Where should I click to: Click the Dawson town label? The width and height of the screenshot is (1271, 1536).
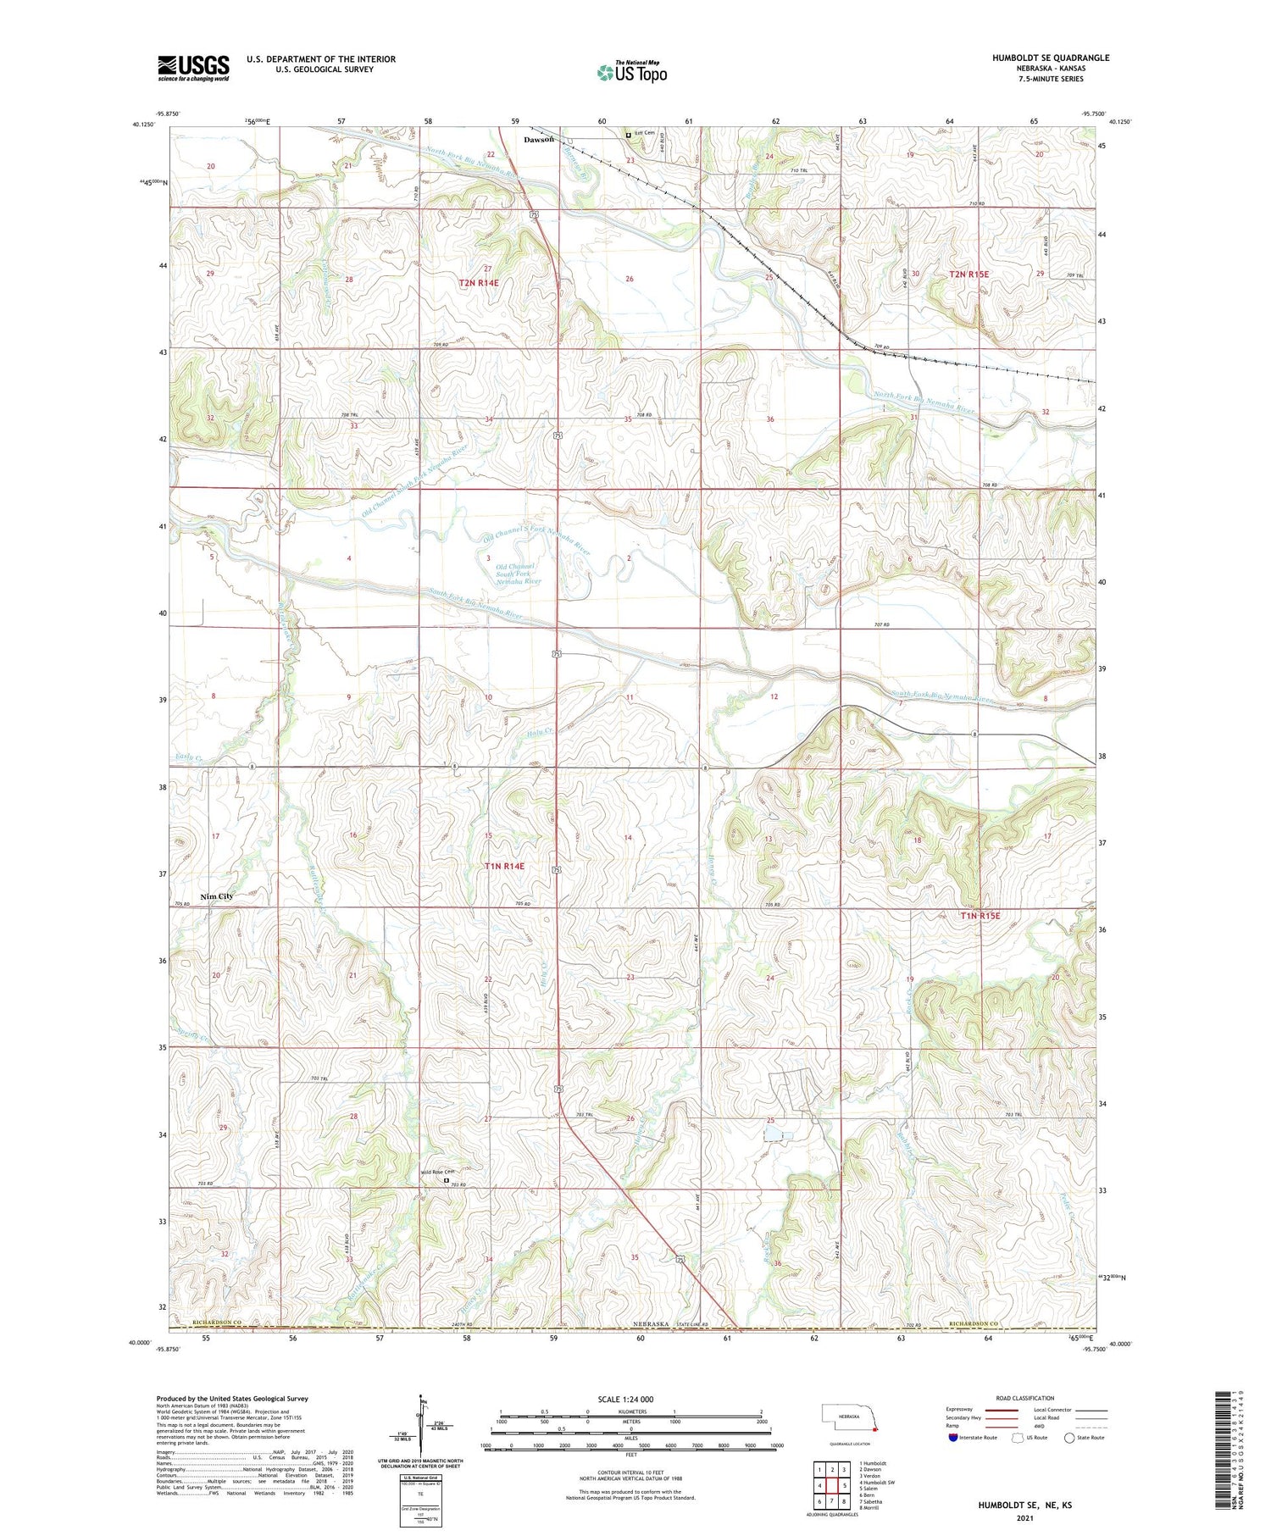[x=538, y=139]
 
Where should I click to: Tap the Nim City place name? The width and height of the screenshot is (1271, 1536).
[x=216, y=896]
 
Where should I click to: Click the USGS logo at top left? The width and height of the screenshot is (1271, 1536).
[x=193, y=68]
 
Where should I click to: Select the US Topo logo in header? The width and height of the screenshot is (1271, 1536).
[x=631, y=73]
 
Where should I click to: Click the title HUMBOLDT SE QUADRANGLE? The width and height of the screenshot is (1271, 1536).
[x=1051, y=58]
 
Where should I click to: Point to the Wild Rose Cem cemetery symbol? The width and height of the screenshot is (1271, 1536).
[x=447, y=1178]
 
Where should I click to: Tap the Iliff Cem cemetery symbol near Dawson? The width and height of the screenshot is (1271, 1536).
[x=629, y=134]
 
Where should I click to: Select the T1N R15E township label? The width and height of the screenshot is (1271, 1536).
[x=980, y=916]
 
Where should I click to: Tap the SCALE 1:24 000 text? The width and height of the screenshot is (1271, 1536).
[x=626, y=1399]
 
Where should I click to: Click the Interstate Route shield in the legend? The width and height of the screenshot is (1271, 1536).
[x=954, y=1438]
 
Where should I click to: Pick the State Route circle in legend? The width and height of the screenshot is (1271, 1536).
[x=1069, y=1438]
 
